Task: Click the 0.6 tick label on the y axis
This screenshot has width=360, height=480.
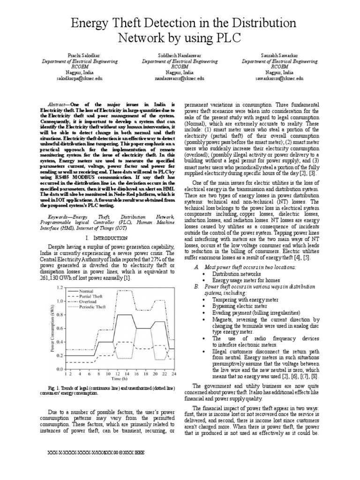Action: pos(60,328)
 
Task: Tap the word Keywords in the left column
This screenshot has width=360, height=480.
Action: pos(61,217)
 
